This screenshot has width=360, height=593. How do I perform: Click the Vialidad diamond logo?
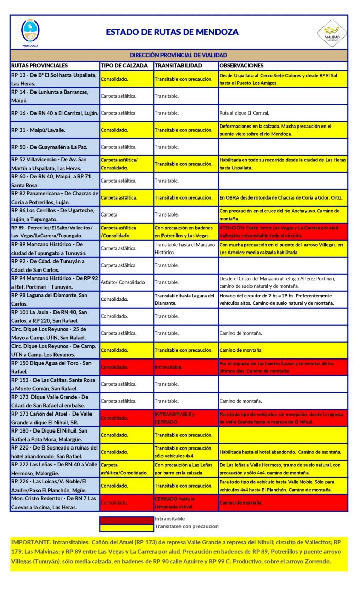[x=332, y=32]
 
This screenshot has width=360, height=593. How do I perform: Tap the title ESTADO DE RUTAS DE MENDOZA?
[x=172, y=32]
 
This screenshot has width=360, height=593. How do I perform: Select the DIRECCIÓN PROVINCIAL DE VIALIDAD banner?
[x=179, y=55]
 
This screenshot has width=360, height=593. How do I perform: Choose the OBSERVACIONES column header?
[x=241, y=66]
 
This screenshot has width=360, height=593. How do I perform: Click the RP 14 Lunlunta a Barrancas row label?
[x=55, y=96]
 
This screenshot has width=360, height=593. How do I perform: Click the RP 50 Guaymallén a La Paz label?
[x=49, y=147]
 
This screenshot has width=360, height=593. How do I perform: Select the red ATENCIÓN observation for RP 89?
[x=282, y=231]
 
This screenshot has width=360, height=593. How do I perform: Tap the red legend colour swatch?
[x=127, y=519]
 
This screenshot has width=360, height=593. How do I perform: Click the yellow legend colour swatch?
[x=127, y=527]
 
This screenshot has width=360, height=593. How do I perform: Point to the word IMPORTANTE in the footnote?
[x=31, y=542]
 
